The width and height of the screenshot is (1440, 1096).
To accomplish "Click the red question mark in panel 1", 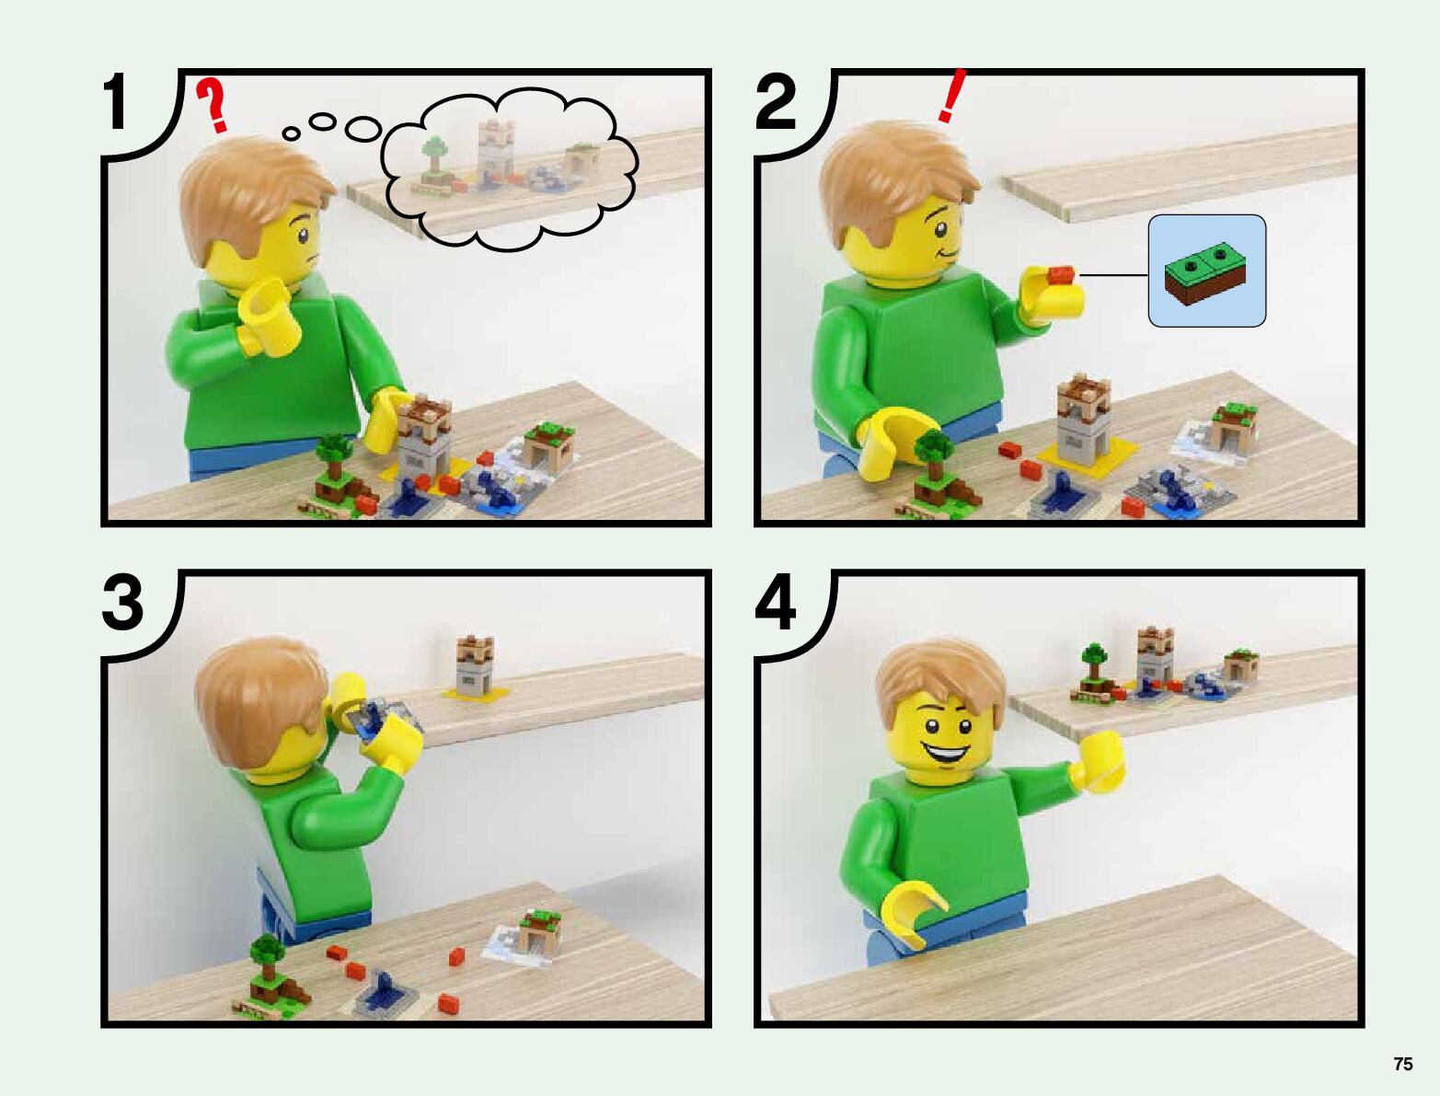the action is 213,105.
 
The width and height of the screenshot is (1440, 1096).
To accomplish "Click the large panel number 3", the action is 122,603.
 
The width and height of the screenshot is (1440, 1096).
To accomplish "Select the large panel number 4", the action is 776,603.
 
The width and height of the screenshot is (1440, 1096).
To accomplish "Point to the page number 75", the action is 1403,1064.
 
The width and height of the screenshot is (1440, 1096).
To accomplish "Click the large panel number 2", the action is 776,101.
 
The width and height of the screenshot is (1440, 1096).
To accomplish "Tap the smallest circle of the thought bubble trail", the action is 292,133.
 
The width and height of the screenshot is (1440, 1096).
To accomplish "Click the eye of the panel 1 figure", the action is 303,237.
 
